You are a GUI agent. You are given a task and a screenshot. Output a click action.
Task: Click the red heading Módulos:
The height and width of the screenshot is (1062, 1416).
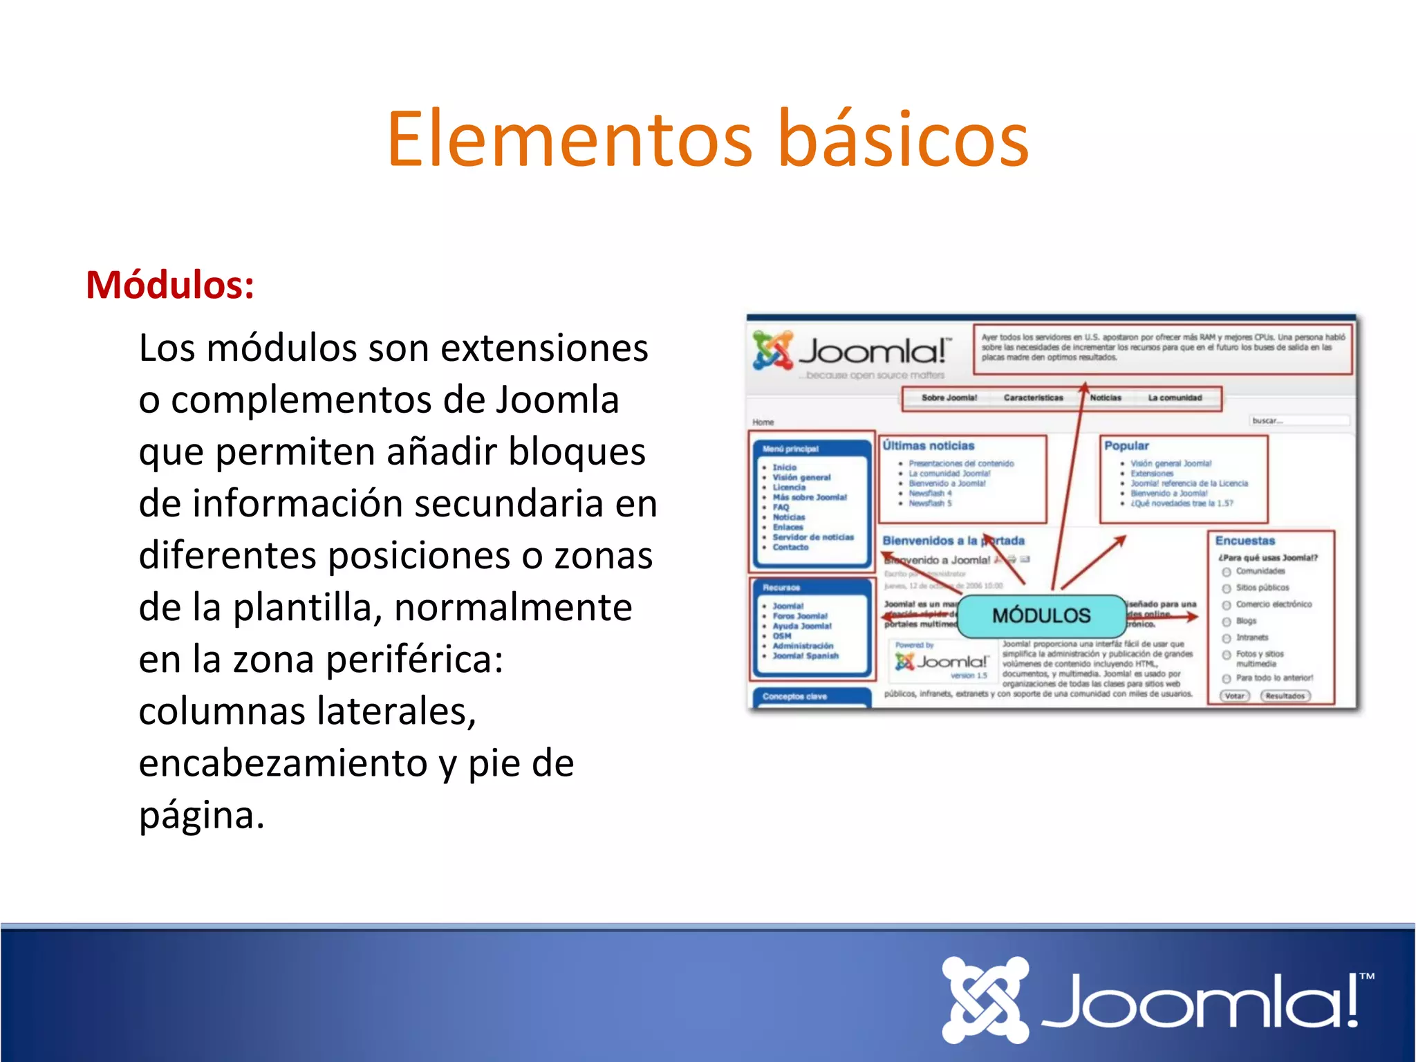click(170, 285)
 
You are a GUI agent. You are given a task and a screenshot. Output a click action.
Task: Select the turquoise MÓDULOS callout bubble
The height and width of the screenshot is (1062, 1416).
click(1041, 615)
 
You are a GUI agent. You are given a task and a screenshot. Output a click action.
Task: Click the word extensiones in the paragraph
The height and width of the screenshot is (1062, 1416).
click(544, 348)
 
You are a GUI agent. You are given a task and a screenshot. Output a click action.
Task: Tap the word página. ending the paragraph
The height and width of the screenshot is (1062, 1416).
click(202, 815)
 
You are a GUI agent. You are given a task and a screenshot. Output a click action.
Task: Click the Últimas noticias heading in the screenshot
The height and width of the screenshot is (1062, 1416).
click(928, 446)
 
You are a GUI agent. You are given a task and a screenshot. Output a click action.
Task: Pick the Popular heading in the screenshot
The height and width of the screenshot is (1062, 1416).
click(1126, 446)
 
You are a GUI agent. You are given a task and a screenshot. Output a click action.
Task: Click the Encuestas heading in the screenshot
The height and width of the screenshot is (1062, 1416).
click(1245, 541)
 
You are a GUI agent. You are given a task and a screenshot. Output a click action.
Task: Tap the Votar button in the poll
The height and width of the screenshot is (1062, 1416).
click(1234, 696)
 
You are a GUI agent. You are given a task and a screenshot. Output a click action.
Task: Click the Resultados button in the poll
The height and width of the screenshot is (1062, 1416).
click(1285, 696)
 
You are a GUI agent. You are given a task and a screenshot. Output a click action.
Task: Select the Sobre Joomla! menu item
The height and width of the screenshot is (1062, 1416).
click(949, 398)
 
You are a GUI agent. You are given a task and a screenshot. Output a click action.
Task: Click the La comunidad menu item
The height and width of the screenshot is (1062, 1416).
click(1175, 398)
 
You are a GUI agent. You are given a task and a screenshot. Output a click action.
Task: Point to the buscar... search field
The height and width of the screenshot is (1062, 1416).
click(1298, 420)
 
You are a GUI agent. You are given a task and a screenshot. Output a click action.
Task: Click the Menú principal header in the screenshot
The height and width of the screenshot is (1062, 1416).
click(790, 449)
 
